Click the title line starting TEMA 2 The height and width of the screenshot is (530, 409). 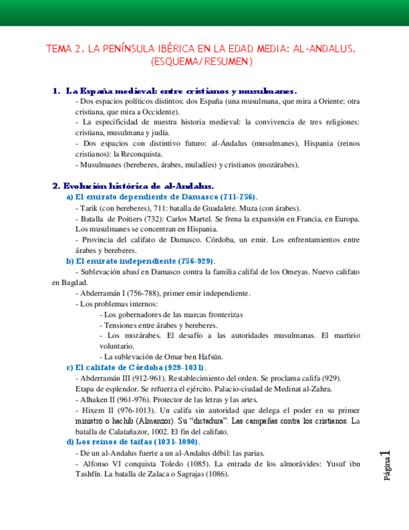click(204, 48)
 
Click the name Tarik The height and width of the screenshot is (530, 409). click(89, 208)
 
